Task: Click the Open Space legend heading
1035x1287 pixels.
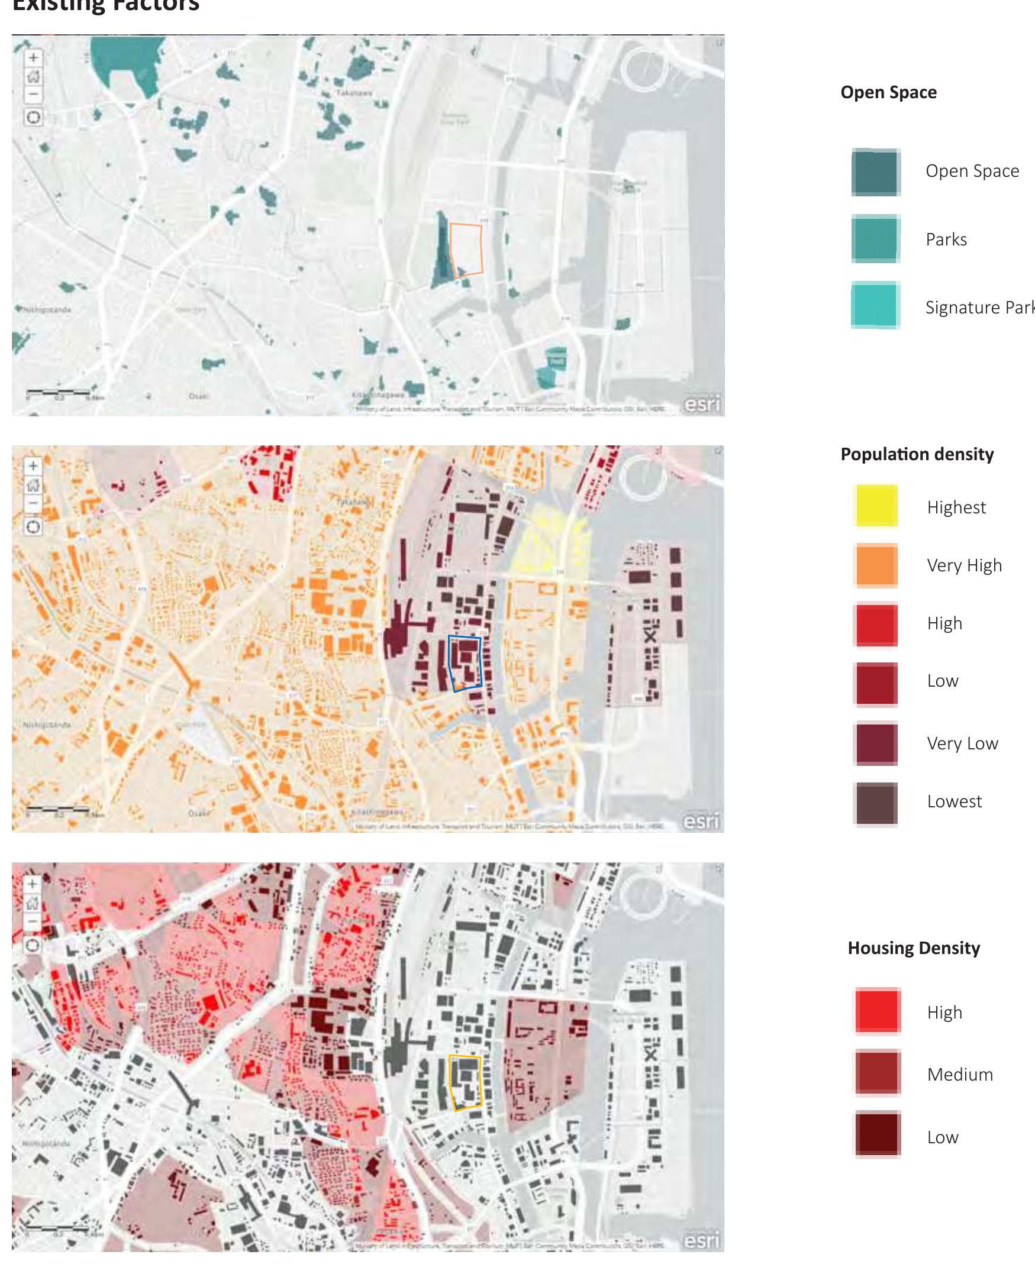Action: click(888, 92)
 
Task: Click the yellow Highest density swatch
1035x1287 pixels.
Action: click(876, 506)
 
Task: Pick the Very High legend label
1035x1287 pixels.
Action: click(964, 565)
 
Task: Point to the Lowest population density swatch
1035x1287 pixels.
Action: click(876, 803)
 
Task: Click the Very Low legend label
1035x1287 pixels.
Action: click(962, 743)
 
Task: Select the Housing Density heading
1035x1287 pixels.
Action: click(914, 948)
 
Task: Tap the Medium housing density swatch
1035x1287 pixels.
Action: click(877, 1073)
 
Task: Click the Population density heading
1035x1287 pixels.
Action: click(917, 454)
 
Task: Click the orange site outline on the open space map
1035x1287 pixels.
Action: click(481, 248)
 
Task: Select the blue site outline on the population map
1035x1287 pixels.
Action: click(480, 662)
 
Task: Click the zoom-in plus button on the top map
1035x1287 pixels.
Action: click(34, 58)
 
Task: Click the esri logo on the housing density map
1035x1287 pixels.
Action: click(701, 1241)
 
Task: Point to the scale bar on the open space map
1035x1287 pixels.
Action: click(57, 392)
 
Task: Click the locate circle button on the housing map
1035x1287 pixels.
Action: click(34, 946)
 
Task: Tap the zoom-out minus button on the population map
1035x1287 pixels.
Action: click(34, 503)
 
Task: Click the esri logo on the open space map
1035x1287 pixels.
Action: click(701, 405)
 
